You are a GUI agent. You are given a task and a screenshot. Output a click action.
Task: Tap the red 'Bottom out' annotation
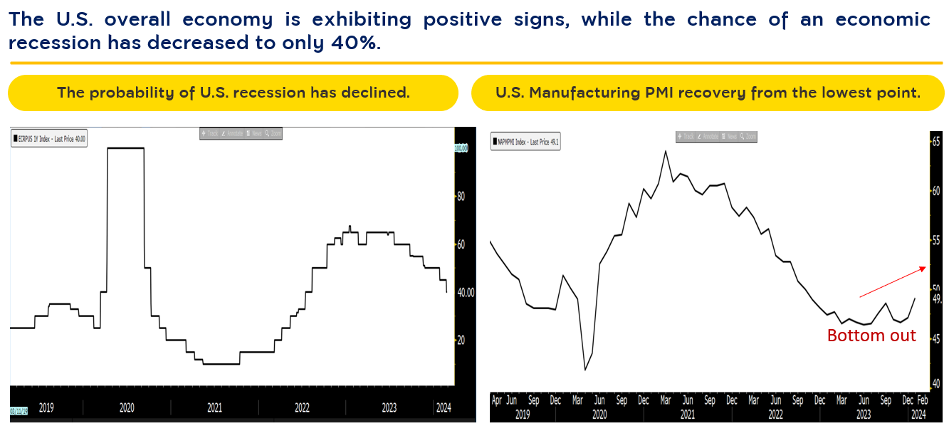click(x=871, y=336)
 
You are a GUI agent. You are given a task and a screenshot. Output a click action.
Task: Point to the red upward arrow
click(x=893, y=282)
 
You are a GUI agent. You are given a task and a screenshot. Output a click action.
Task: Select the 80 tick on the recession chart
click(x=461, y=197)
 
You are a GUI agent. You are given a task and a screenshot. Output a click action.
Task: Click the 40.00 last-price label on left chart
click(x=466, y=292)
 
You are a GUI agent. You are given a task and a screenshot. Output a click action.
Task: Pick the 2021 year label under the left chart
click(x=214, y=408)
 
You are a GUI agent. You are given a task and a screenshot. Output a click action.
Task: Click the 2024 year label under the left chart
click(x=442, y=408)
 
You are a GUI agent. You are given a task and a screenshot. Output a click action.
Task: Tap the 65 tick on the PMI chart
click(x=935, y=142)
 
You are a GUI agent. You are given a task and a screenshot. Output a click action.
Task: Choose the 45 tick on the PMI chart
click(x=935, y=338)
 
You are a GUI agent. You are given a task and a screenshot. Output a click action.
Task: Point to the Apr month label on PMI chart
click(x=498, y=400)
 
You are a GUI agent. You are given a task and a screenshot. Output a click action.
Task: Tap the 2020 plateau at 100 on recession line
click(x=125, y=147)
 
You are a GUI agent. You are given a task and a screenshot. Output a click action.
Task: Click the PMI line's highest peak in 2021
click(x=665, y=151)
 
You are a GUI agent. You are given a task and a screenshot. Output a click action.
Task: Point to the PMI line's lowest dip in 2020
click(x=585, y=369)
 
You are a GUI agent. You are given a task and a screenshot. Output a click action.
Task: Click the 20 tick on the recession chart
click(x=461, y=340)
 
